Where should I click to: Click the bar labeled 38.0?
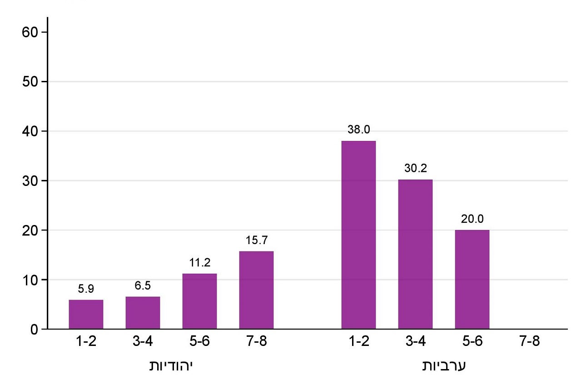[358, 235]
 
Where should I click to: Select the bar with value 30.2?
[415, 254]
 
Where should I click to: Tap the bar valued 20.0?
[472, 279]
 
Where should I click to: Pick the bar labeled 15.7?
[256, 290]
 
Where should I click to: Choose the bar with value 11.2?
[199, 301]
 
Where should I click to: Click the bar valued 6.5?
[143, 313]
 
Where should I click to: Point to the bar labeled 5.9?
[86, 314]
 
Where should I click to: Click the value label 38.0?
[358, 130]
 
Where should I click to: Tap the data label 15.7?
[256, 240]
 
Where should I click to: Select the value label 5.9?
[86, 289]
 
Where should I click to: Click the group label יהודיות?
[171, 366]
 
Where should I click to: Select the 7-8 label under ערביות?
[529, 342]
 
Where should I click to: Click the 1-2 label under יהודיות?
[86, 342]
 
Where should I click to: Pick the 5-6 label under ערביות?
[472, 342]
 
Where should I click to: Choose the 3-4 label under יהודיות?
[143, 342]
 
